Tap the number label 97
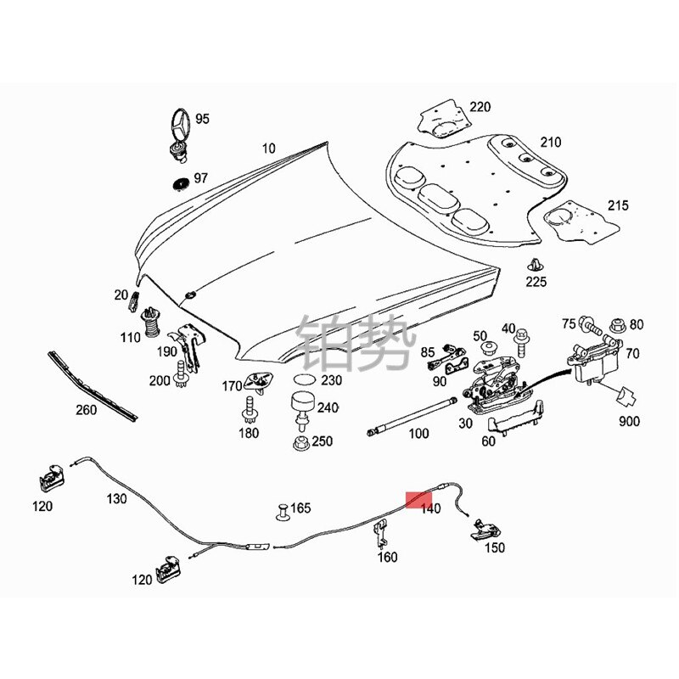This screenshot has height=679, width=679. pos(201,178)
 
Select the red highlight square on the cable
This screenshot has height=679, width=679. pos(418,502)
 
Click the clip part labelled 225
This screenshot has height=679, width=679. pos(536,264)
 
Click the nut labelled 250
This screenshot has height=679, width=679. pos(300,441)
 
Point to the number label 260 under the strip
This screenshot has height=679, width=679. pos(86,409)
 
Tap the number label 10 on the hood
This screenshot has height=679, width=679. pos(268,149)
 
